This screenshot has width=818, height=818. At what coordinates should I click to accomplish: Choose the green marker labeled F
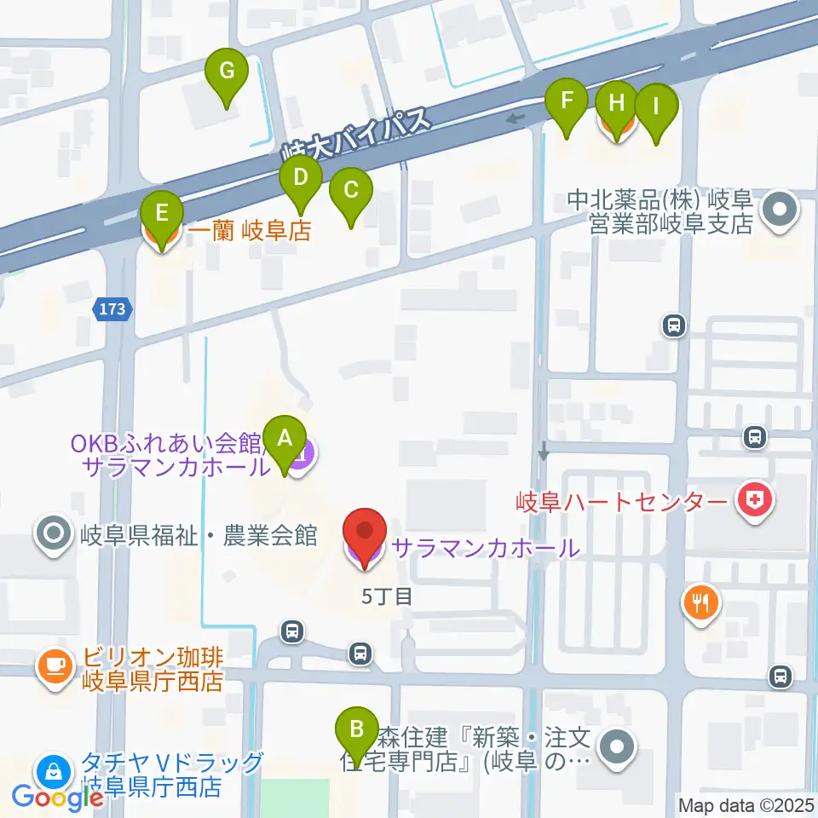[567, 105]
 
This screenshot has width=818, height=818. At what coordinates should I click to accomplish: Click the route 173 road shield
[113, 310]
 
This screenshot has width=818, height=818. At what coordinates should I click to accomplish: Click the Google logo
[58, 798]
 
